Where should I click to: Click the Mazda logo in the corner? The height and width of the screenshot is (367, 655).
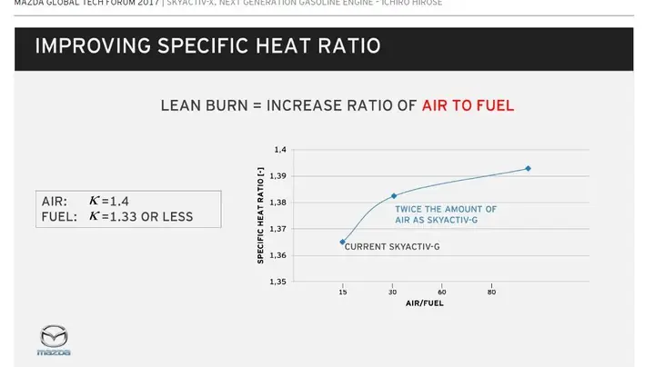[54, 338]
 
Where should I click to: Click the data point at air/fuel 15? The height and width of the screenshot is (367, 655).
[342, 242]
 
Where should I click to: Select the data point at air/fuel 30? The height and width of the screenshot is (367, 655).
[394, 195]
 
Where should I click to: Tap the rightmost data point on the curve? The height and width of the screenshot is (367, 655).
[528, 168]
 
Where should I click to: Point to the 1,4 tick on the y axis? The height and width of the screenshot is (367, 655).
[279, 150]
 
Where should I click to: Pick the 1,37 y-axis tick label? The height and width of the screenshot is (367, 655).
[278, 229]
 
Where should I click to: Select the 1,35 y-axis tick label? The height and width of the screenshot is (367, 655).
[278, 282]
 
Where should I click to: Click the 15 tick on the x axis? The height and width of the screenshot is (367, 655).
[342, 292]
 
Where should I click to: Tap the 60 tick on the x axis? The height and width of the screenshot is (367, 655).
[442, 292]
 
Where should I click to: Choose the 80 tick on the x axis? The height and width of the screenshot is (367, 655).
[491, 292]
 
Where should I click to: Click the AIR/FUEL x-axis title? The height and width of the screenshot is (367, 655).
[425, 303]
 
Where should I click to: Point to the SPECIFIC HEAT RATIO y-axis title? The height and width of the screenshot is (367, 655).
[261, 215]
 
